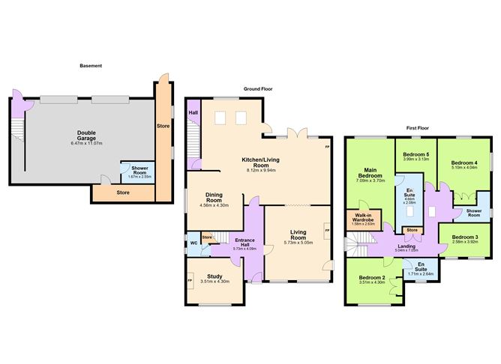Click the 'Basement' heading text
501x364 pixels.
click(x=91, y=66)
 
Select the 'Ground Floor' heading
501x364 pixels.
click(x=257, y=88)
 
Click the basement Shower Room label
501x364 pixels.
click(x=140, y=169)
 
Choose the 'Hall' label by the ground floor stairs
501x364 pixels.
click(x=193, y=114)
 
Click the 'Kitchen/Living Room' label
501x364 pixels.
click(x=262, y=163)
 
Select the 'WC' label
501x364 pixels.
click(x=193, y=243)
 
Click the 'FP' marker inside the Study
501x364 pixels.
click(x=190, y=281)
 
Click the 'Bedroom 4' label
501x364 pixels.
click(x=465, y=163)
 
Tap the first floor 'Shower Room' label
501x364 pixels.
click(x=472, y=211)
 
